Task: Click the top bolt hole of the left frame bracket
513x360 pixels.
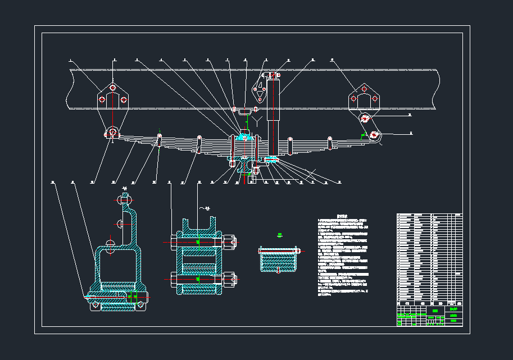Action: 113,88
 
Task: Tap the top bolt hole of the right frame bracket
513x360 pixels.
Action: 364,89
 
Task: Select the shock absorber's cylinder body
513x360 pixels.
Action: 273,99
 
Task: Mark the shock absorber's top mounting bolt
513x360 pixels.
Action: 273,74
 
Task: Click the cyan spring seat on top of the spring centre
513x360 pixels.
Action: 244,136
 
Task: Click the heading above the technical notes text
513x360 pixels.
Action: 343,215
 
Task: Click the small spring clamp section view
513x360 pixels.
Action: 278,259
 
